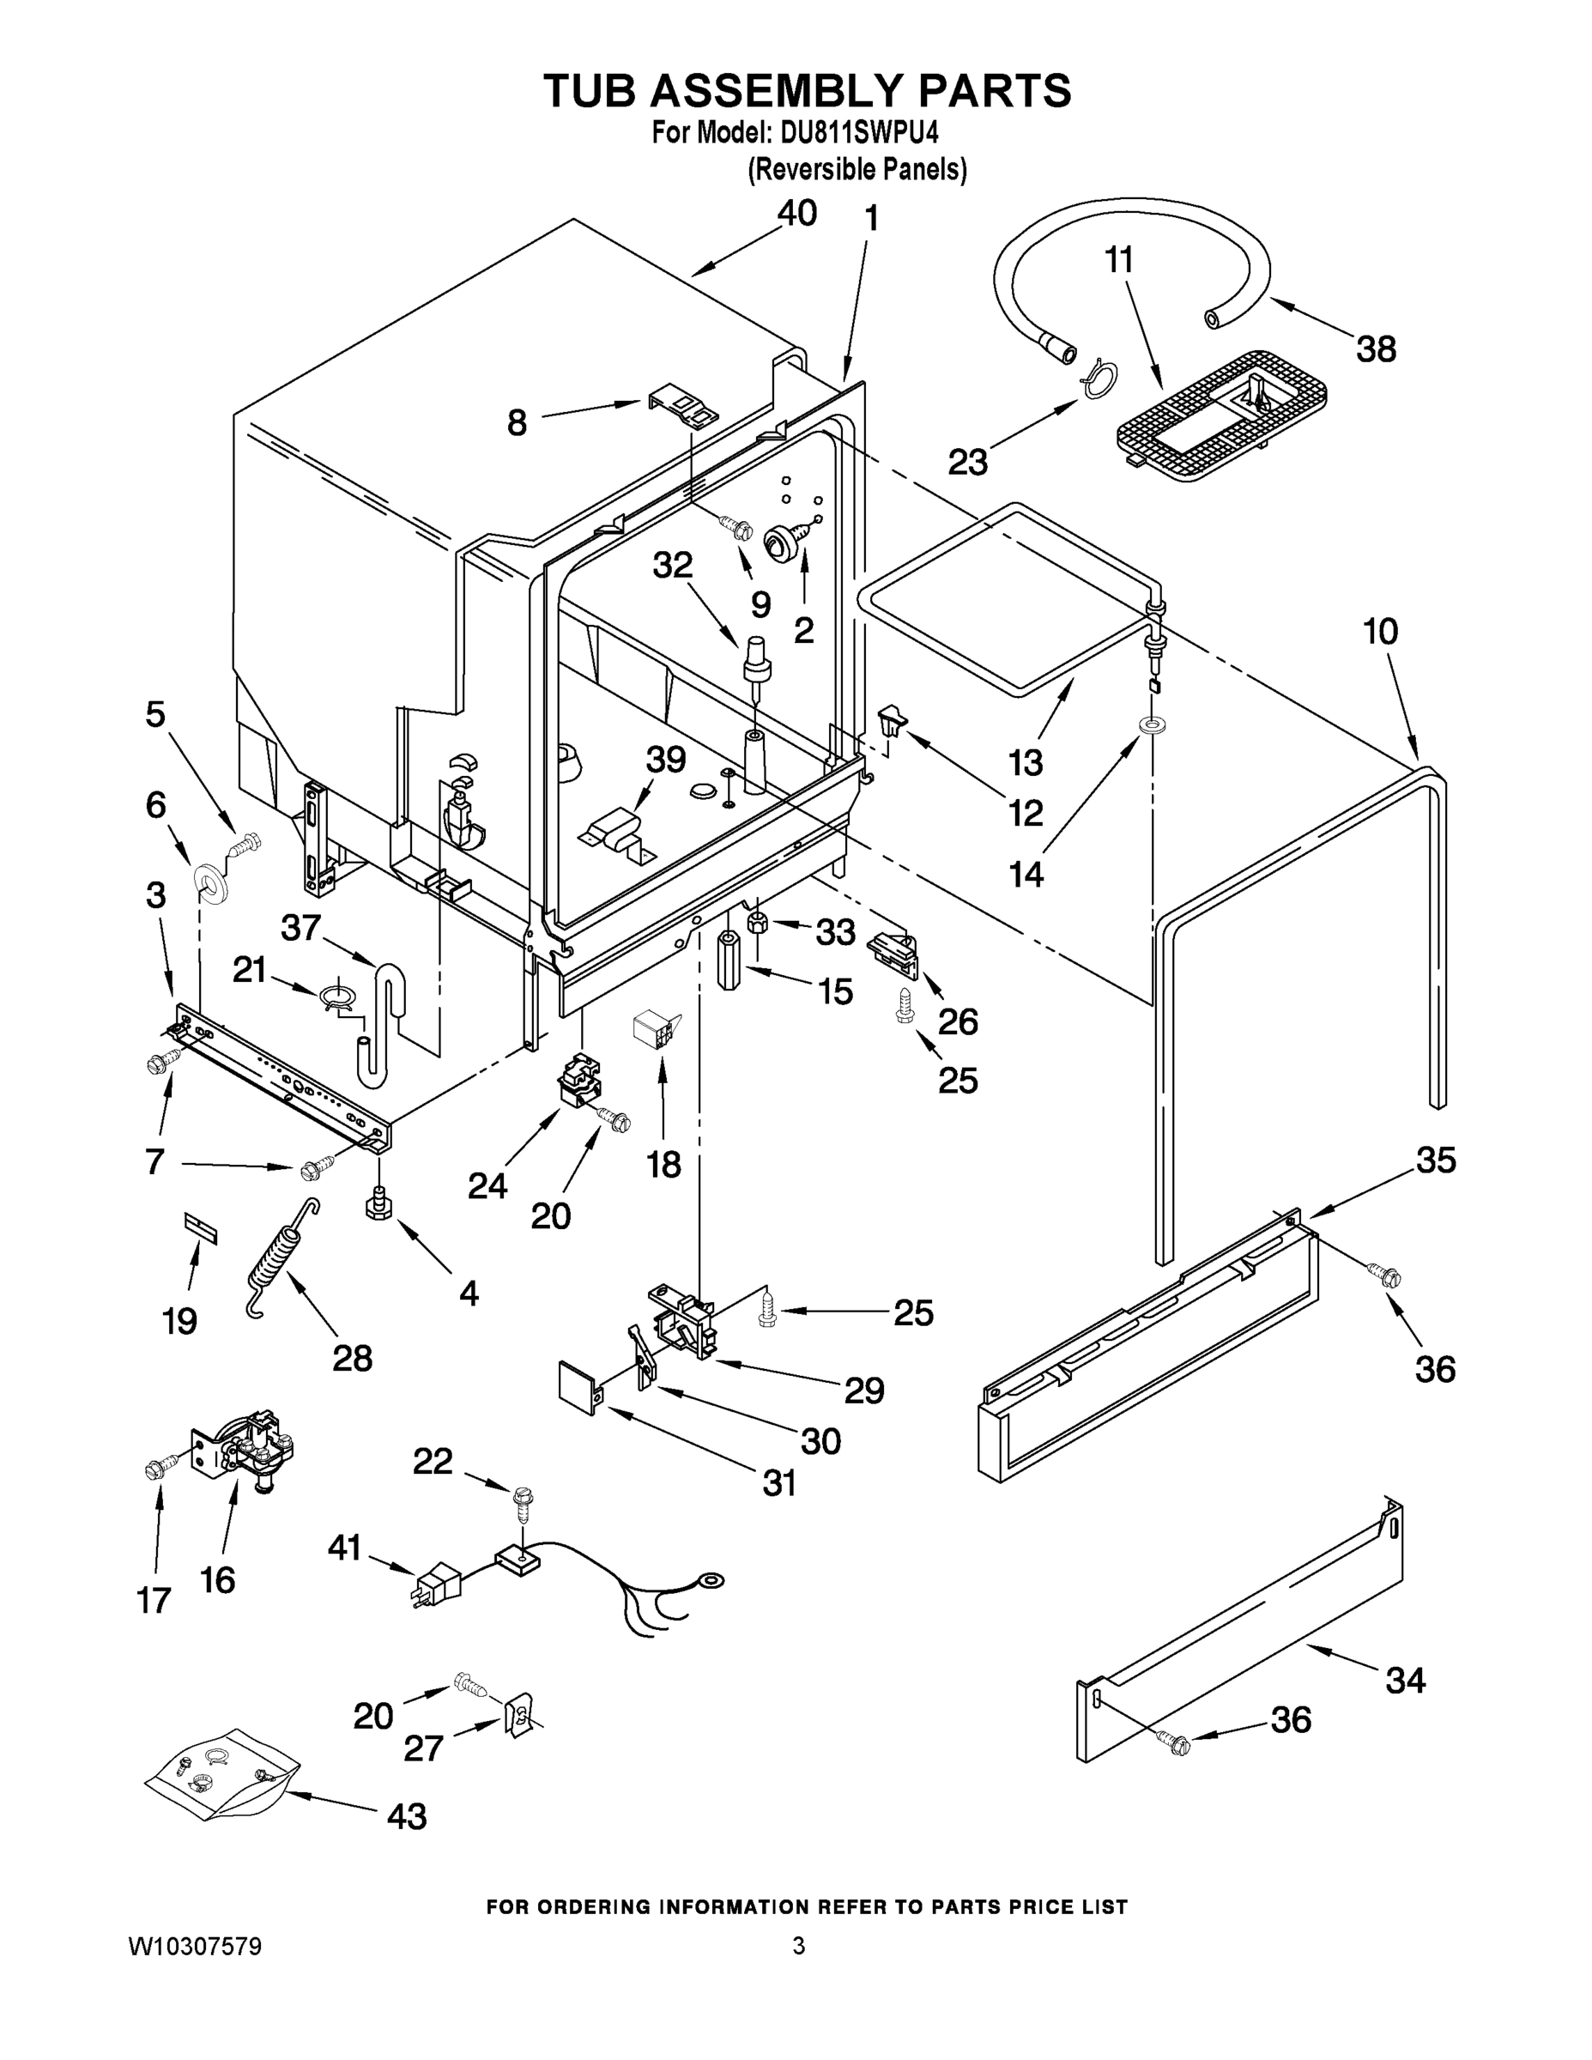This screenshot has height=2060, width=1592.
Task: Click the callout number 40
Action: point(796,213)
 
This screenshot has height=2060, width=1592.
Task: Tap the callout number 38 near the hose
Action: point(1376,349)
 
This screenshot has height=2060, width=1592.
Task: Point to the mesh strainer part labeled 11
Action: point(1221,415)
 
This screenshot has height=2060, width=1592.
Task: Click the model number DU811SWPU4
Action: point(860,133)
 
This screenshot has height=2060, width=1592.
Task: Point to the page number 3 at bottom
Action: point(798,1947)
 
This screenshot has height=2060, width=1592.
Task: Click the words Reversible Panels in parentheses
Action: point(857,170)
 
